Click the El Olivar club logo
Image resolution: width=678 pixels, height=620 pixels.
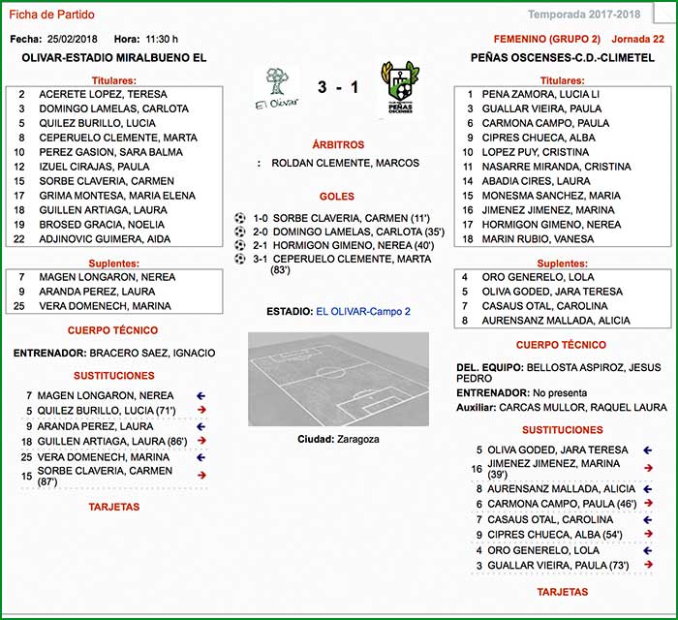276,87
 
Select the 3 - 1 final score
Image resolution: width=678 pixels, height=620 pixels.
338,88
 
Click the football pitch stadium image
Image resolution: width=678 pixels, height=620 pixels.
338,379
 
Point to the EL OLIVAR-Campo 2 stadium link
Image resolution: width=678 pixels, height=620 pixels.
363,312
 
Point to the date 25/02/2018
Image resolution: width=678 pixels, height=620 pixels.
74,39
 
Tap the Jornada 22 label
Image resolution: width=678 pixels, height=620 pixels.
638,39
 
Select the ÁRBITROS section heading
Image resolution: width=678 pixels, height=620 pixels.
338,143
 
